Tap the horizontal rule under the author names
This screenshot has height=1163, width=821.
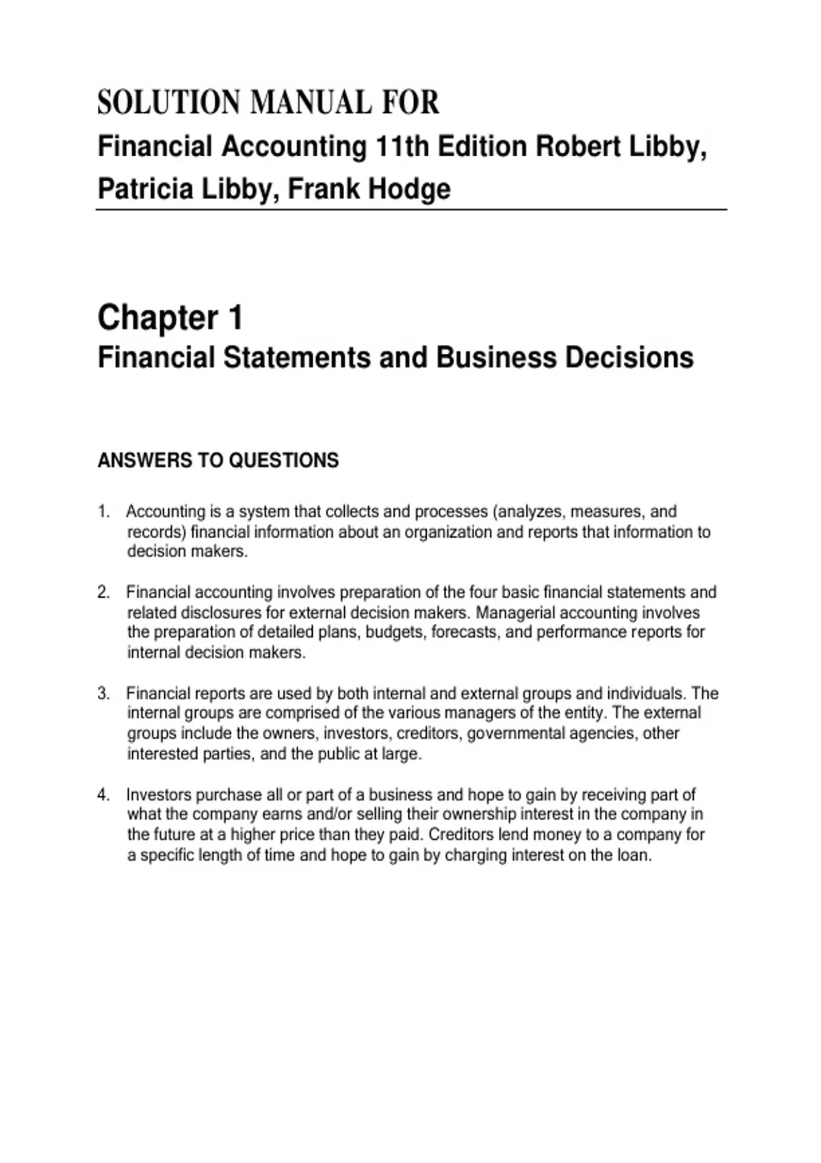click(x=410, y=210)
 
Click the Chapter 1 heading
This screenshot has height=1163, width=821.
click(x=170, y=317)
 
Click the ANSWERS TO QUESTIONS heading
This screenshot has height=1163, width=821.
click(x=218, y=460)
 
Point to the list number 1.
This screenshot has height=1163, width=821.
click(x=103, y=512)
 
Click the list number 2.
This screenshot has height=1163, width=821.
click(x=103, y=592)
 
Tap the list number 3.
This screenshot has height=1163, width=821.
click(x=103, y=694)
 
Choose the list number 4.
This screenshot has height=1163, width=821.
click(x=103, y=795)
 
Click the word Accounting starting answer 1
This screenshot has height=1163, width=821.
click(x=166, y=512)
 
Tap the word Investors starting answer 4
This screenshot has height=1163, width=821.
click(x=159, y=795)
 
